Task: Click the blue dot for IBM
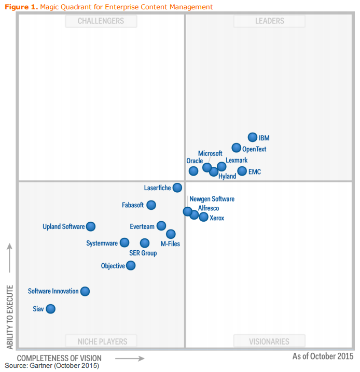pyautogui.click(x=253, y=137)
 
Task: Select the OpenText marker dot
pyautogui.click(x=237, y=148)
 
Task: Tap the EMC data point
pyautogui.click(x=242, y=171)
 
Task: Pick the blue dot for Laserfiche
pyautogui.click(x=177, y=188)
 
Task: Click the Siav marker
pyautogui.click(x=50, y=309)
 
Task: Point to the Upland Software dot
pyautogui.click(x=91, y=226)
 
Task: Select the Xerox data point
pyautogui.click(x=203, y=217)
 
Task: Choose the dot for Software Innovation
pyautogui.click(x=85, y=291)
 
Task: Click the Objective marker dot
pyautogui.click(x=131, y=265)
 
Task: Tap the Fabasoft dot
pyautogui.click(x=151, y=205)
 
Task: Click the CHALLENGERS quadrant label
pyautogui.click(x=101, y=21)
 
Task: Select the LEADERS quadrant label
pyautogui.click(x=269, y=21)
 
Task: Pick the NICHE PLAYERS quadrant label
pyautogui.click(x=101, y=341)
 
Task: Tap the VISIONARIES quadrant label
pyautogui.click(x=269, y=341)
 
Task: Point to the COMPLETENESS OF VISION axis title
pyautogui.click(x=59, y=358)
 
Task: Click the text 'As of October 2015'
pyautogui.click(x=323, y=356)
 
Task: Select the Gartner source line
pyautogui.click(x=52, y=366)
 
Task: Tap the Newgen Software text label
pyautogui.click(x=212, y=199)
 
